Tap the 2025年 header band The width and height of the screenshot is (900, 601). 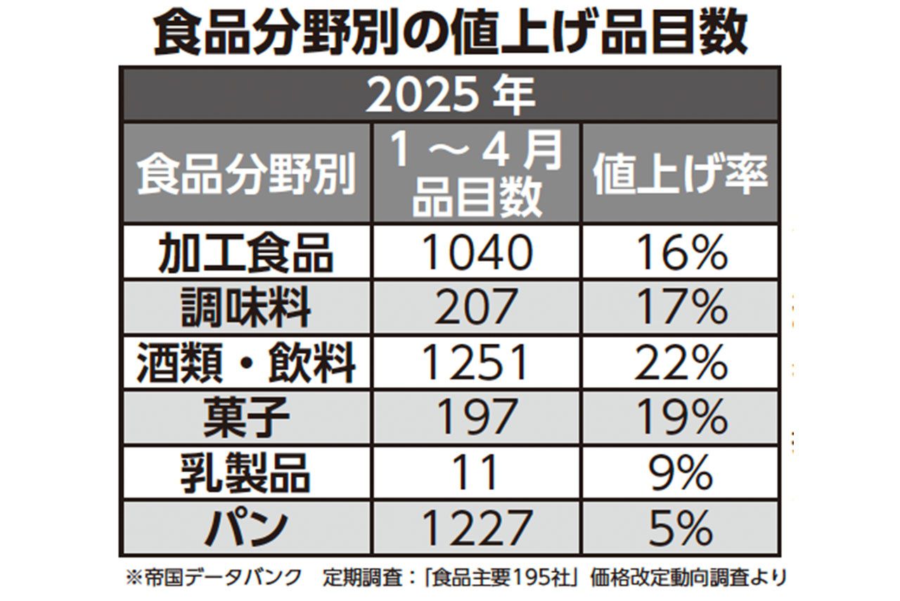click(450, 96)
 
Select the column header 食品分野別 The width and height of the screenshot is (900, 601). click(245, 173)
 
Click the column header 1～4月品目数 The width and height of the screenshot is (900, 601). click(477, 173)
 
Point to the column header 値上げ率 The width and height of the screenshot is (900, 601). click(680, 173)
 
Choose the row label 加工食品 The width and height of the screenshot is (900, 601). click(245, 252)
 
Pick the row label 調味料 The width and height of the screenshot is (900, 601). click(245, 308)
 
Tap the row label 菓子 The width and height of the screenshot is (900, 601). click(245, 418)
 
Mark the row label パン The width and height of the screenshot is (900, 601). click(245, 527)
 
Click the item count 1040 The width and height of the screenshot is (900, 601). click(477, 252)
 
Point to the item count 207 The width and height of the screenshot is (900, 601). click(477, 308)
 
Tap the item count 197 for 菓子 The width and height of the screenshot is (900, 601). click(477, 418)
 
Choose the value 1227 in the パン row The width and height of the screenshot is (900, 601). click(477, 527)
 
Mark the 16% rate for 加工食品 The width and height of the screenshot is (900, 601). click(680, 252)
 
